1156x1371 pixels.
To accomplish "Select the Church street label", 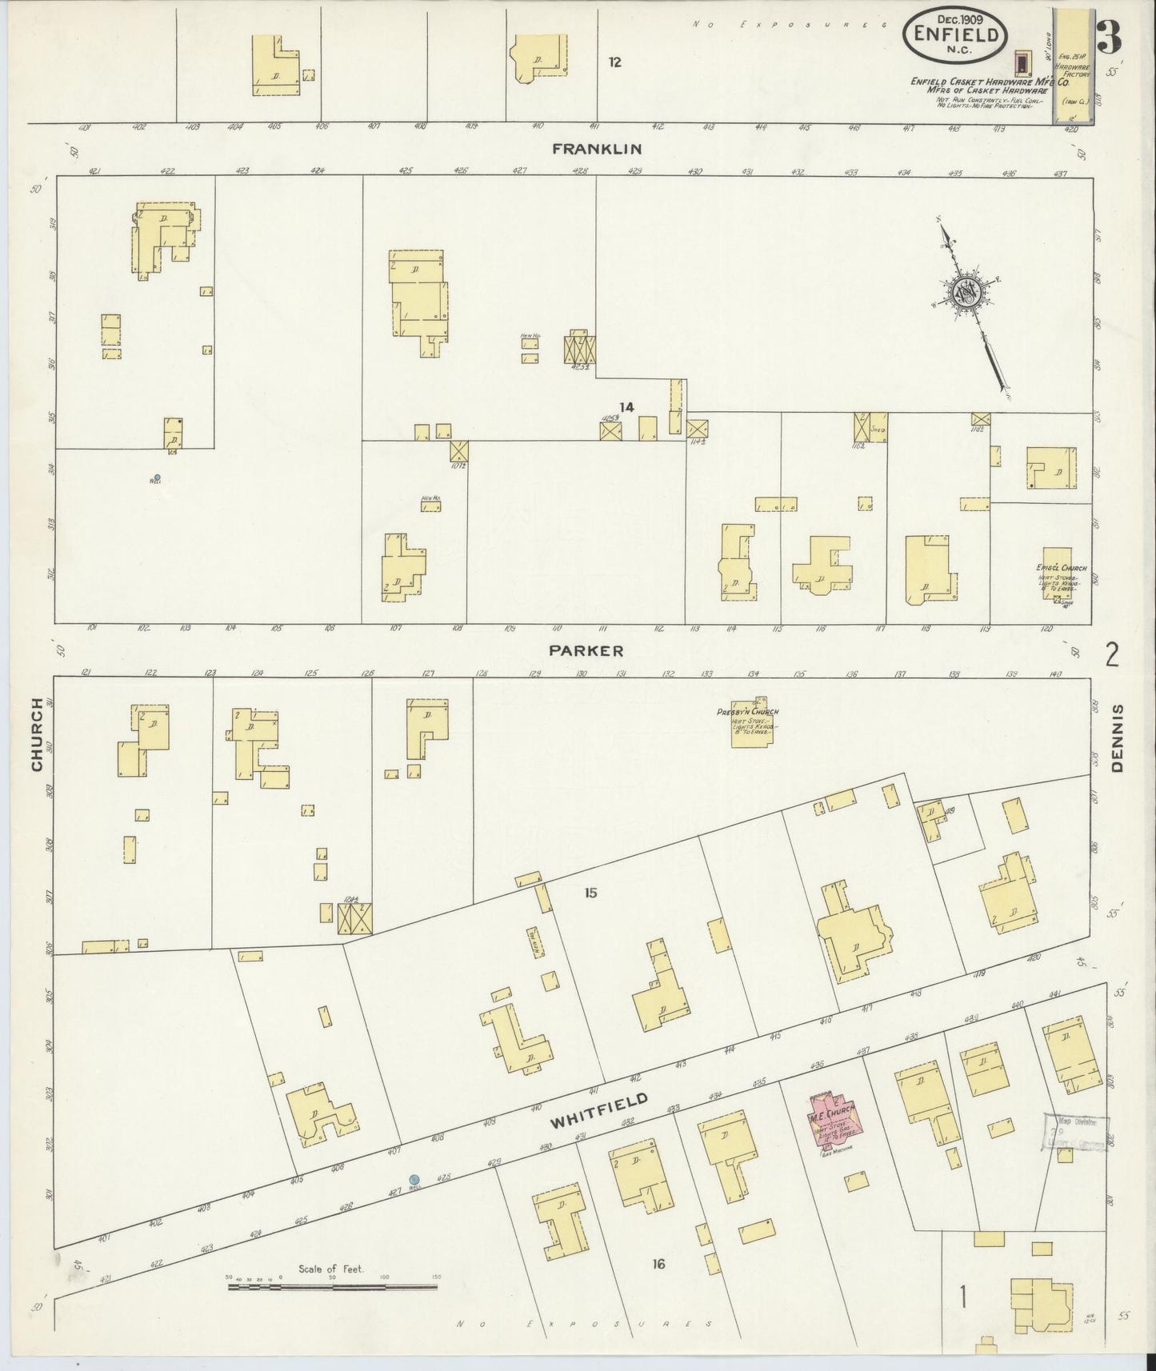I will click(37, 734).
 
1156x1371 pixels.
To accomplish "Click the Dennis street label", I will click(1118, 737).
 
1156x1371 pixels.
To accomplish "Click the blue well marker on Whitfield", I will click(414, 1179).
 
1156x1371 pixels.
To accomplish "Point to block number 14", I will click(626, 407).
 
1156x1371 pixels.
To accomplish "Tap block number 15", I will click(590, 893).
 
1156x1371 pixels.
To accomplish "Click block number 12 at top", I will click(614, 62).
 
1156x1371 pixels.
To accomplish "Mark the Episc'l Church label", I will click(1061, 568).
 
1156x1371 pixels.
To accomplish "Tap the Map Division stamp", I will click(1075, 1133).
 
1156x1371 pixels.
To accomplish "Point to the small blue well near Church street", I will click(157, 478).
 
